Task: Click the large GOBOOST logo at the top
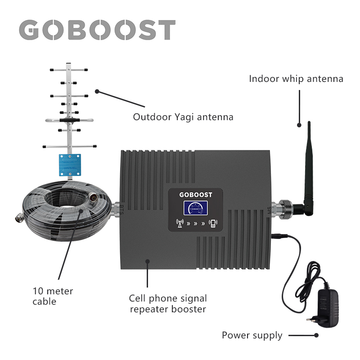coord(97,30)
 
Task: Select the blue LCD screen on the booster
coord(195,209)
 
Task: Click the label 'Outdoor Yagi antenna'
coord(183,117)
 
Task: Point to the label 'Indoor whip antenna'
coord(296,79)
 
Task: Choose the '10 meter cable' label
coord(53,296)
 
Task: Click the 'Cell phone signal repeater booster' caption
coord(168,303)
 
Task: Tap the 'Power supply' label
coord(252,335)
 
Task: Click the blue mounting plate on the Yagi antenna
coord(70,164)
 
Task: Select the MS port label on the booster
coord(269,210)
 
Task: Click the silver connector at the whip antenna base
coord(283,208)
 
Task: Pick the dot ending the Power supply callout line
coord(316,335)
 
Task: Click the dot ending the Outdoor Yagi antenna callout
coord(97,91)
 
